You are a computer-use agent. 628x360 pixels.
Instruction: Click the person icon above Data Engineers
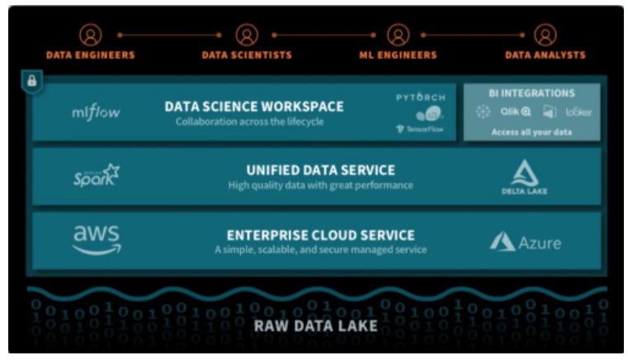pos(91,35)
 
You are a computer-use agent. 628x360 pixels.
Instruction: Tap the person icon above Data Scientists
pos(246,35)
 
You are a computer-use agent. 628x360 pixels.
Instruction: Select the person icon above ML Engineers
pos(399,35)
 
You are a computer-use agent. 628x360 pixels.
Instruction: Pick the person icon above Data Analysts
pos(545,35)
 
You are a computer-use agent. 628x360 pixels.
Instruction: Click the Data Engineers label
pos(91,55)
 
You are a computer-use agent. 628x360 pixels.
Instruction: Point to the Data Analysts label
pos(545,55)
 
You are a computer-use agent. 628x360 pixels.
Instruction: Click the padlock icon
pos(32,82)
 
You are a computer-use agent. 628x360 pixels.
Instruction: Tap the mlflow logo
pos(96,112)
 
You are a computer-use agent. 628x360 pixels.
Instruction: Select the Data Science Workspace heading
pos(254,107)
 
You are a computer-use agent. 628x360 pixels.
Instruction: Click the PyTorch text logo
pos(421,97)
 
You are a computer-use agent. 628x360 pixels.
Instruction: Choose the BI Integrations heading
pos(531,93)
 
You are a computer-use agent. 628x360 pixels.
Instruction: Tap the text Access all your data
pos(531,131)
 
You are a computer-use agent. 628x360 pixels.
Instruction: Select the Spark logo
pos(96,176)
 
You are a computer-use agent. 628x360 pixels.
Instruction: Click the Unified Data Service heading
pos(320,170)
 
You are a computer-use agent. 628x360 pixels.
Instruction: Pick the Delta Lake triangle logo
pos(525,172)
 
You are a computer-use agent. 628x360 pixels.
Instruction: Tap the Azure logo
pos(525,242)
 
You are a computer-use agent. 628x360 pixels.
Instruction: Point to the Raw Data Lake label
pos(315,325)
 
